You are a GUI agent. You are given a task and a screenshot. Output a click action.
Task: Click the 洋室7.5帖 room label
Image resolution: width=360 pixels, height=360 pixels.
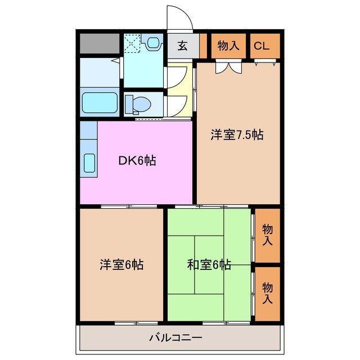tap(237, 135)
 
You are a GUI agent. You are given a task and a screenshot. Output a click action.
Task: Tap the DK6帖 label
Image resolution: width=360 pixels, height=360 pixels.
tap(137, 160)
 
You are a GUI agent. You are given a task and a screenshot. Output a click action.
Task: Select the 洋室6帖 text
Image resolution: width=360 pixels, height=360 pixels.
tap(121, 264)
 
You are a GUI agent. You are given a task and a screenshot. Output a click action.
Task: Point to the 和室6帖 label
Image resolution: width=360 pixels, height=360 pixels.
tap(209, 264)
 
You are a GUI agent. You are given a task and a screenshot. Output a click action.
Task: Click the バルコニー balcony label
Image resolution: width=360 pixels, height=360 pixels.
tap(175, 338)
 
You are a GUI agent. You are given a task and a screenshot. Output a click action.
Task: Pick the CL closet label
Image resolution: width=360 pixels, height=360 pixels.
tap(262, 46)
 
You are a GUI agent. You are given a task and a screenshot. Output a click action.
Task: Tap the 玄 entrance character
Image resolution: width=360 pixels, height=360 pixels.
tap(183, 46)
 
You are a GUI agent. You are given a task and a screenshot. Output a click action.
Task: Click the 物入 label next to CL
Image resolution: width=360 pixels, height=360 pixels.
tap(228, 46)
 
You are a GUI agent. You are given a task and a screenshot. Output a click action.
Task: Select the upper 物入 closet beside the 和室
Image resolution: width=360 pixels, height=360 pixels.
tap(268, 235)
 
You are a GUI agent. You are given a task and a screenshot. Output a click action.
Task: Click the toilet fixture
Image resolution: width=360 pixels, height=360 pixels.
tap(137, 104)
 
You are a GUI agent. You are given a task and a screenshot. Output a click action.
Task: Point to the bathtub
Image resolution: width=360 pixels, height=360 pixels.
tap(100, 103)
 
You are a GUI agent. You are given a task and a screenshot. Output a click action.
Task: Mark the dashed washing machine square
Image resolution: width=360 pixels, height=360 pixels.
tap(132, 43)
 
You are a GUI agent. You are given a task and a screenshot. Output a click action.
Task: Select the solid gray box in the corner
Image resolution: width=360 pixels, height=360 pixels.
tap(99, 43)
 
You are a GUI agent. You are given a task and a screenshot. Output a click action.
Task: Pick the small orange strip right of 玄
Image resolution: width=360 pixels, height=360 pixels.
tap(204, 46)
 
